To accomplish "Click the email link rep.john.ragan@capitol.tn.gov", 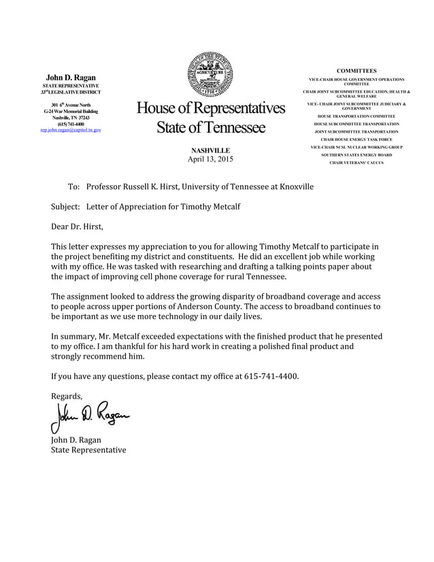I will point(71,129).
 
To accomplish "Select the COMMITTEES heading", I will point(356,71).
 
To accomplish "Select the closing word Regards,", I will point(67,396).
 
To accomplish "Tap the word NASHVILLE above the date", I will point(210,150).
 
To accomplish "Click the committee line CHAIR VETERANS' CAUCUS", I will point(356,163).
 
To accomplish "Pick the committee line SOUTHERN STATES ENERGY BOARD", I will point(356,154).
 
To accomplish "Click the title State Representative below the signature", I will point(88,450).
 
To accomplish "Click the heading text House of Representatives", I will point(210,108).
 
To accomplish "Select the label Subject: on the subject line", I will point(66,206).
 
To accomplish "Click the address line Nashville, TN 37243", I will point(71,117).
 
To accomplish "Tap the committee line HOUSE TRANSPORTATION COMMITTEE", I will point(356,116).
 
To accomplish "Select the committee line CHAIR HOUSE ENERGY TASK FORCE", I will point(356,139).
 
